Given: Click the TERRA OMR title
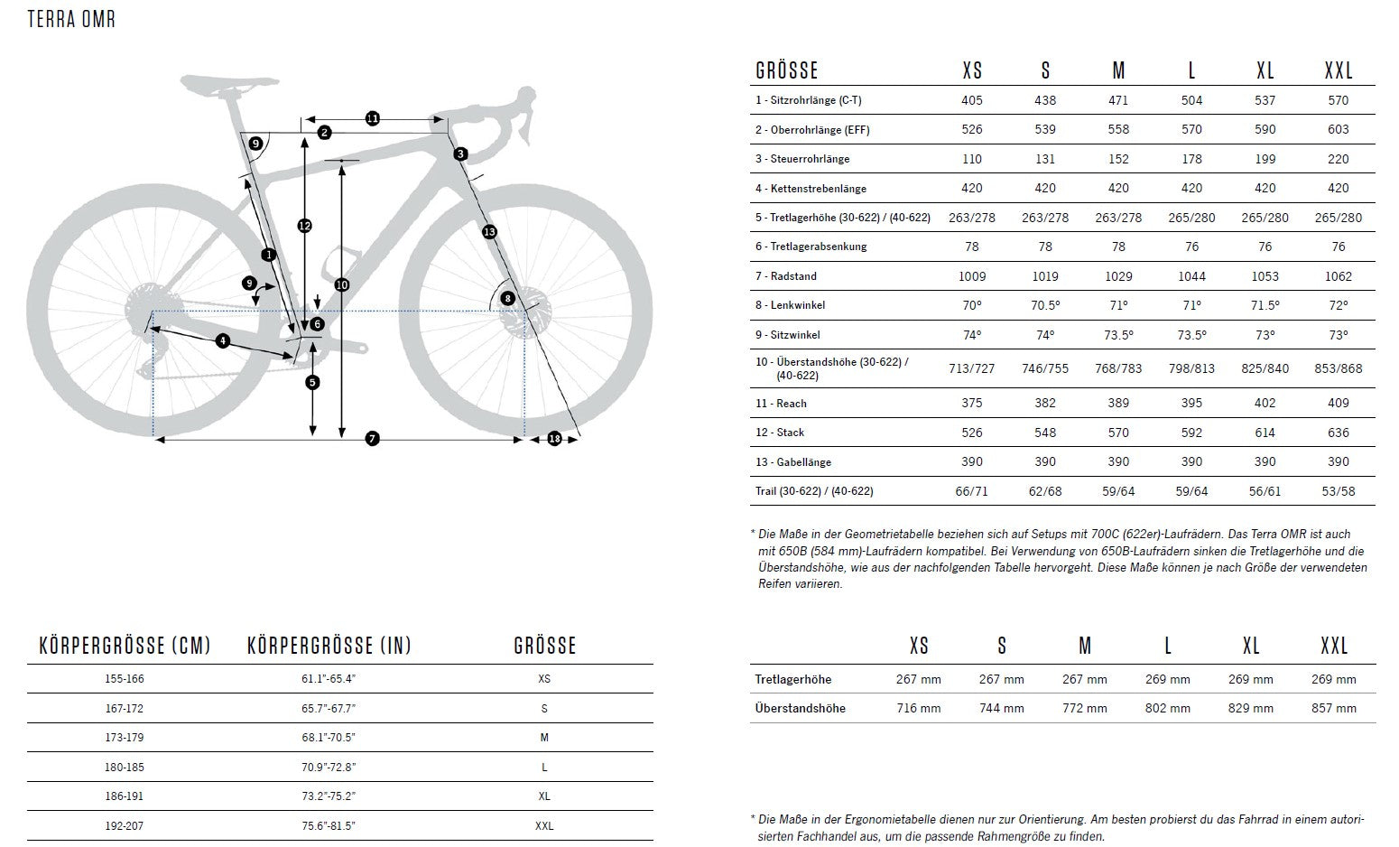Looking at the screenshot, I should (x=71, y=19).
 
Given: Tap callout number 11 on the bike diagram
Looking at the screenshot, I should (x=373, y=118).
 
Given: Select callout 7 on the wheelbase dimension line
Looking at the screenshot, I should (x=372, y=439).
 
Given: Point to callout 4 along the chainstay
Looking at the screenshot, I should (x=223, y=340).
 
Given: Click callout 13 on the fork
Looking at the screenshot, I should (x=489, y=232).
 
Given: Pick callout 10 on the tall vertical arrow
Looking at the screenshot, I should (x=341, y=284).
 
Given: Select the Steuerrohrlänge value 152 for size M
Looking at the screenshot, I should (x=1118, y=159).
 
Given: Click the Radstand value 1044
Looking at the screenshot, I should (x=1191, y=276).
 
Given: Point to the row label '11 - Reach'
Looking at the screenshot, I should (x=781, y=404).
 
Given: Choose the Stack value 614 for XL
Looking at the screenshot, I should (x=1265, y=433).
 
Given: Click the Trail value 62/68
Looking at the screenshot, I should (x=1044, y=491).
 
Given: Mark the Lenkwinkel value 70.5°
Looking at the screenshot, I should (x=1044, y=305).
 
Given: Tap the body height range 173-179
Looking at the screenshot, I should (x=125, y=738).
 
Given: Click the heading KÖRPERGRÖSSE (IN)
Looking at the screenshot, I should (x=329, y=646).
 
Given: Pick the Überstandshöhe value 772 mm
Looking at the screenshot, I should (x=1084, y=708).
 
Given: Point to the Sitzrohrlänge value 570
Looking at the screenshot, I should (x=1338, y=100).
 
